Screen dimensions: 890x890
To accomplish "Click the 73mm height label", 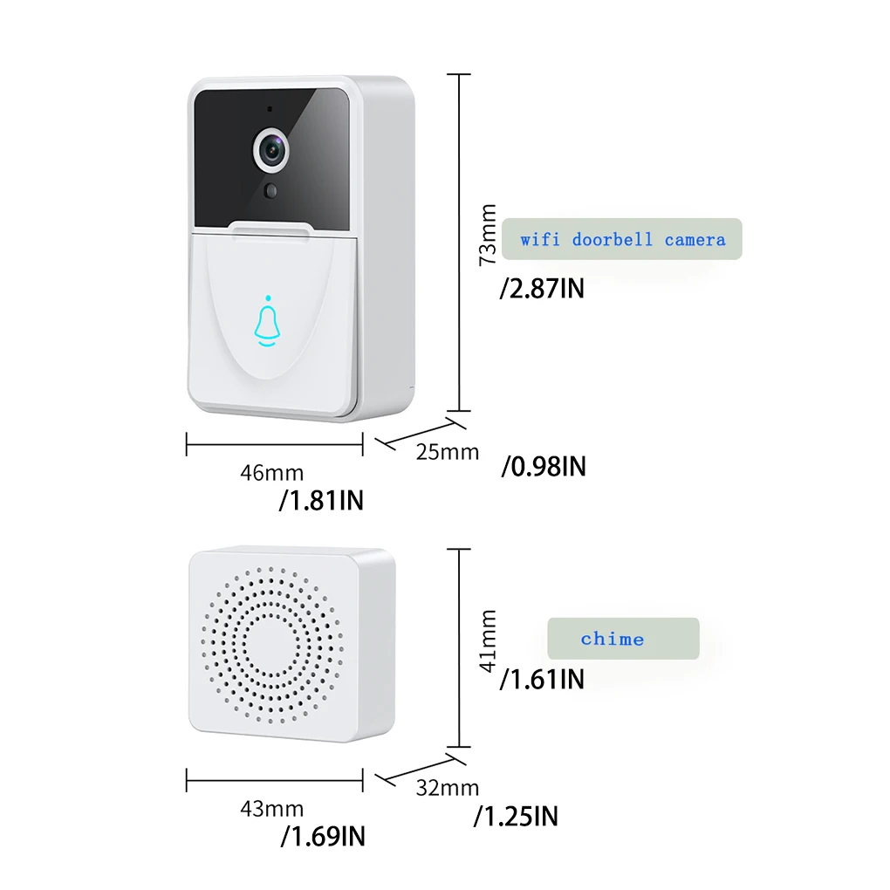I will pyautogui.click(x=489, y=234).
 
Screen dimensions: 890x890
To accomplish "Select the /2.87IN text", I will pyautogui.click(x=542, y=288).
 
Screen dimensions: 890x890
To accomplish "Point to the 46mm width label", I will pyautogui.click(x=272, y=473).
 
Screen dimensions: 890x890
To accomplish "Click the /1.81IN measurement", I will pyautogui.click(x=321, y=501).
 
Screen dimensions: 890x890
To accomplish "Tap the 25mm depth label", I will pyautogui.click(x=448, y=452).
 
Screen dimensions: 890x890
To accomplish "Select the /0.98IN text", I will pyautogui.click(x=544, y=467).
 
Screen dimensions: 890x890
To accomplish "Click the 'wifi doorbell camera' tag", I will pyautogui.click(x=623, y=239).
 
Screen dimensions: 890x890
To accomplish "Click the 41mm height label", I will pyautogui.click(x=489, y=640).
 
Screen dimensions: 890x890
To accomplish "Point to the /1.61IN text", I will pyautogui.click(x=542, y=679).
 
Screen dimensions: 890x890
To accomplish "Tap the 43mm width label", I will pyautogui.click(x=272, y=809).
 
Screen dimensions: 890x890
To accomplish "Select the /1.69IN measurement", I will pyautogui.click(x=323, y=837).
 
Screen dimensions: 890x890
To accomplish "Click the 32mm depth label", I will pyautogui.click(x=448, y=788).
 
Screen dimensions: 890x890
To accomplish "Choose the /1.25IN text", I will pyautogui.click(x=516, y=817).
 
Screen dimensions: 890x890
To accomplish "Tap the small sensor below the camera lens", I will pyautogui.click(x=272, y=190).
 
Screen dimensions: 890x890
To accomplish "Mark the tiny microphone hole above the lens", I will pyautogui.click(x=270, y=111).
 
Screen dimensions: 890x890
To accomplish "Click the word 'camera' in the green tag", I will pyautogui.click(x=695, y=239).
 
